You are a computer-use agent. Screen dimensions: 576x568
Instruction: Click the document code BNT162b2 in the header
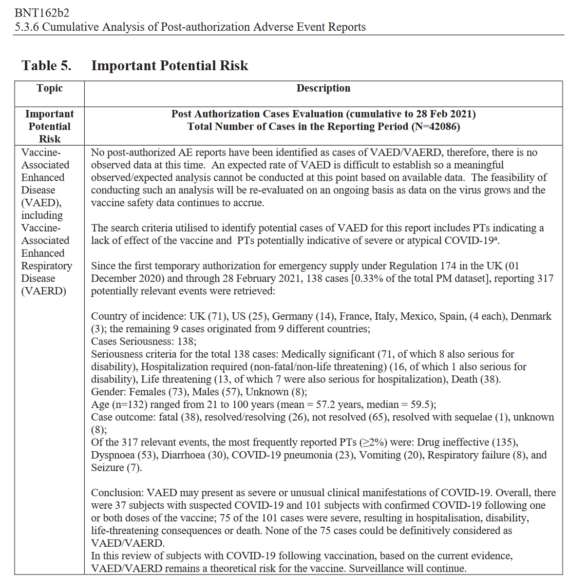coord(42,13)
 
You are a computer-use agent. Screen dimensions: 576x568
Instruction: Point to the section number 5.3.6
coord(27,27)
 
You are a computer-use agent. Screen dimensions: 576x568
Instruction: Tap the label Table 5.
coord(46,66)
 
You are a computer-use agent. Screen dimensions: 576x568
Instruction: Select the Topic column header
coord(49,88)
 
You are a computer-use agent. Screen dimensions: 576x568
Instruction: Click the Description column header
coord(323,88)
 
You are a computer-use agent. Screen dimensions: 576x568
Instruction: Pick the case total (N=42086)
coord(435,127)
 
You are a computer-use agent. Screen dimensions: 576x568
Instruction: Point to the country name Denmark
coord(530,316)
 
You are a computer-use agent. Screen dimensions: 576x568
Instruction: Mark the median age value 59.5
coord(422,404)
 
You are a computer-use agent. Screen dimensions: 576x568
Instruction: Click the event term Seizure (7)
coord(116,468)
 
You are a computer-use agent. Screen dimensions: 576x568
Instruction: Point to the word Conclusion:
coord(117,493)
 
